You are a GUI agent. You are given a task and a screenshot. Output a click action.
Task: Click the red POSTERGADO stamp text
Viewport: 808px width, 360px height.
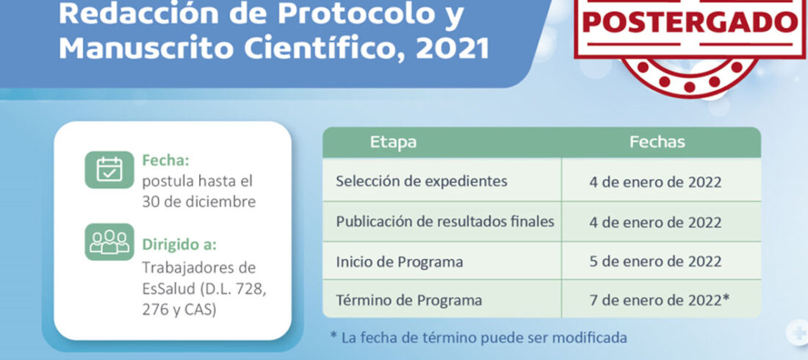(690, 21)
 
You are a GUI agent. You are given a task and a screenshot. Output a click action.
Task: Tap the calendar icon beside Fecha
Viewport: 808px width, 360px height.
(109, 170)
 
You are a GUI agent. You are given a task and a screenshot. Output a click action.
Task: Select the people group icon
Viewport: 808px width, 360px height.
(109, 242)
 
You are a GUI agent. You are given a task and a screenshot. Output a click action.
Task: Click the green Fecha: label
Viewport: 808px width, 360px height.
(166, 161)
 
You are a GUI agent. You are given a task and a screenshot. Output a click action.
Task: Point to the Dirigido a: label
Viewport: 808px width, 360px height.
(179, 244)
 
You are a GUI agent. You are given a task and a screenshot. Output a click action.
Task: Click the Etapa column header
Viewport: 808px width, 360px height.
(393, 143)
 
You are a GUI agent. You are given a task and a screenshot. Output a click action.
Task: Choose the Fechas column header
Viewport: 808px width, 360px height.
(657, 143)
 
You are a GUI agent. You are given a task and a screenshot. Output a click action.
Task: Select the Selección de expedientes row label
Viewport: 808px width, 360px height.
(422, 181)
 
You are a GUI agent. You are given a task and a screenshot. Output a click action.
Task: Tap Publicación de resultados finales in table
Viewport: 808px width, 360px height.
(445, 222)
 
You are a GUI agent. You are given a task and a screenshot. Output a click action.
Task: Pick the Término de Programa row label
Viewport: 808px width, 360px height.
(409, 300)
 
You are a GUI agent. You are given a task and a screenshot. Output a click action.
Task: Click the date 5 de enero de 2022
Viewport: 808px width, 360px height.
(655, 262)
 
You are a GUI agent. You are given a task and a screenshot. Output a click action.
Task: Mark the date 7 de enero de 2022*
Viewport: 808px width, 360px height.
(660, 300)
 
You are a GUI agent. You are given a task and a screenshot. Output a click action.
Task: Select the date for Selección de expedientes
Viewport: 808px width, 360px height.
(655, 182)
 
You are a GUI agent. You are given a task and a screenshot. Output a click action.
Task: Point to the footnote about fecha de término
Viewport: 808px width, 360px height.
(479, 338)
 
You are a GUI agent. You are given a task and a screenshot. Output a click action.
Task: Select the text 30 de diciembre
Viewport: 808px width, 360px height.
(199, 202)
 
